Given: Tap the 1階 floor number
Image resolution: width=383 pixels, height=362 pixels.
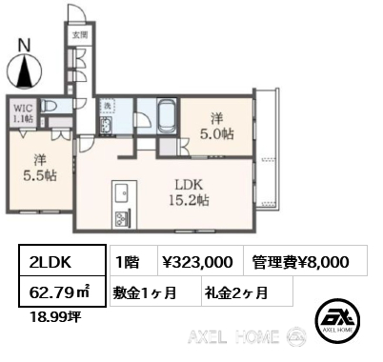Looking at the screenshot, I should [x=128, y=261].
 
